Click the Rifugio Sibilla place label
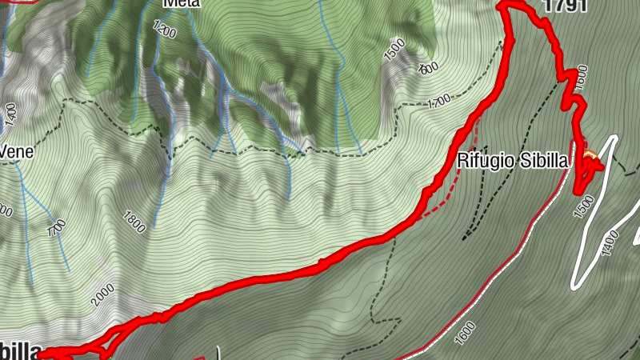point(512,161)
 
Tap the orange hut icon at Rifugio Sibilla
point(590,154)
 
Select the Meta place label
point(182,3)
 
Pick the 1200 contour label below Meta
point(163,30)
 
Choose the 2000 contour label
point(102,295)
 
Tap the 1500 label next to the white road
point(584,206)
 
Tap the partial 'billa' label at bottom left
point(18,351)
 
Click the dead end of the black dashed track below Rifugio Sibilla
point(464,238)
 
